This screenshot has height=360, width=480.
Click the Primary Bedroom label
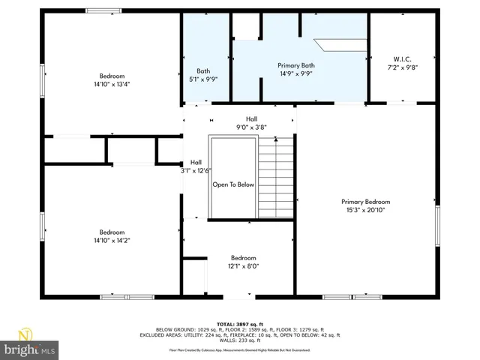(x=365, y=202)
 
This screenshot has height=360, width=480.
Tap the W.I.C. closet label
(x=402, y=59)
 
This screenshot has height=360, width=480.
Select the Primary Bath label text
(x=295, y=66)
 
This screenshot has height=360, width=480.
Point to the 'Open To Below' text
(x=233, y=184)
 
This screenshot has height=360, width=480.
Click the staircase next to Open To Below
(x=276, y=178)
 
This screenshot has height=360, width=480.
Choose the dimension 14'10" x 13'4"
(x=112, y=85)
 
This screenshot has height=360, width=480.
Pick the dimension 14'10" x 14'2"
(x=112, y=241)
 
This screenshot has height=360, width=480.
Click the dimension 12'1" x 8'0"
(x=243, y=265)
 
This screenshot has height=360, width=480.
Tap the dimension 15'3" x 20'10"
(x=365, y=210)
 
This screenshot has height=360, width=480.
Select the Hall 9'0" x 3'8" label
(x=251, y=123)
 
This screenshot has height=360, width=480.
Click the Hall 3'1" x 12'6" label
(x=196, y=166)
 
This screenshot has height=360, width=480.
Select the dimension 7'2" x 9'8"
(x=402, y=67)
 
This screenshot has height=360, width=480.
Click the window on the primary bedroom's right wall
(x=438, y=226)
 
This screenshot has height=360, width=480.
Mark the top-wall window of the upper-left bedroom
(x=103, y=10)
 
